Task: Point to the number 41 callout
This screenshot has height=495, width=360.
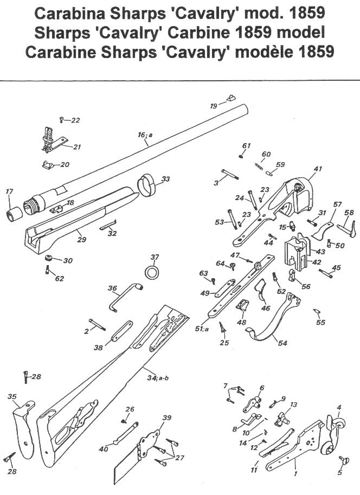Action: click(x=318, y=169)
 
